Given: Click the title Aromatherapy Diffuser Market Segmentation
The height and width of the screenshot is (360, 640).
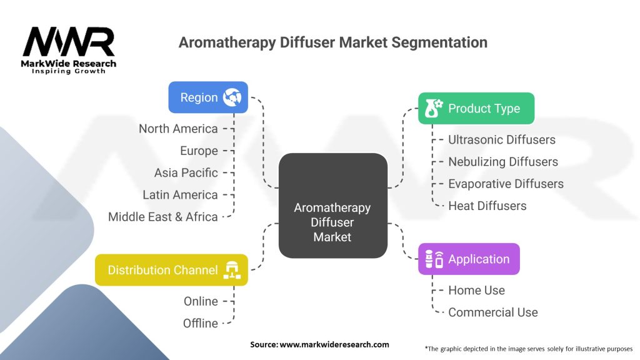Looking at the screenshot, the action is click(x=332, y=42).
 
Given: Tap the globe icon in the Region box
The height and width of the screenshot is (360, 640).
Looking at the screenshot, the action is click(x=232, y=97).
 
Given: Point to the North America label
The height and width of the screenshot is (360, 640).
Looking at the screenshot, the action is click(x=178, y=129).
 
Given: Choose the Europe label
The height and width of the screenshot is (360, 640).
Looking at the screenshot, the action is click(x=199, y=151).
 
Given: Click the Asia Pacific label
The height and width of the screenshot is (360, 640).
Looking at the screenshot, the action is click(x=186, y=172).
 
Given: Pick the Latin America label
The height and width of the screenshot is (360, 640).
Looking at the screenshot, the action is click(x=180, y=195).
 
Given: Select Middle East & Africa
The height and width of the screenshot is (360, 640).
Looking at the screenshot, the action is click(x=163, y=217).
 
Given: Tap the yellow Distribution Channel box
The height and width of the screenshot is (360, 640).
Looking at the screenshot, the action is click(x=171, y=270).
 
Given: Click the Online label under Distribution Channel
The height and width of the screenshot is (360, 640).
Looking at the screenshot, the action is click(x=201, y=301).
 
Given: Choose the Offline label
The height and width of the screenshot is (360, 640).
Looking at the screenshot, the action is click(x=201, y=323).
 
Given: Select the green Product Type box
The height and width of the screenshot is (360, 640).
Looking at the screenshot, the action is click(x=476, y=109).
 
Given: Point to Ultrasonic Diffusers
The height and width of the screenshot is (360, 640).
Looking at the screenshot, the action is click(x=501, y=139).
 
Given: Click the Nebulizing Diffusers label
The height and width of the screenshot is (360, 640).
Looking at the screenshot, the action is click(x=502, y=162).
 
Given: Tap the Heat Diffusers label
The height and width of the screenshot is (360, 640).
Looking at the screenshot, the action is click(x=487, y=206).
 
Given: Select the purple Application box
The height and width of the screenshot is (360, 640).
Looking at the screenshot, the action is click(x=469, y=259).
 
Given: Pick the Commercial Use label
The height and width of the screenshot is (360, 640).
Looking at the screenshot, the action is click(x=492, y=312).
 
